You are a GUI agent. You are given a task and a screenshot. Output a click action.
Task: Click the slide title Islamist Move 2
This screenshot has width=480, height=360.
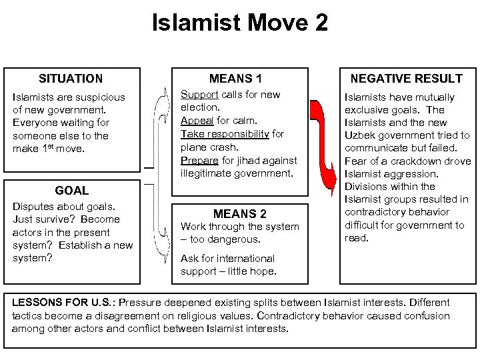[240, 23]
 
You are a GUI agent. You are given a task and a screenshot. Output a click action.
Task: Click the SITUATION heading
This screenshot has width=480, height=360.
[71, 78]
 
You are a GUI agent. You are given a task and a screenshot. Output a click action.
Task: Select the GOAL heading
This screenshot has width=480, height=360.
[71, 190]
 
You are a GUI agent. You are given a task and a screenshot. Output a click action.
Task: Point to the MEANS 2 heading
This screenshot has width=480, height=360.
[239, 214]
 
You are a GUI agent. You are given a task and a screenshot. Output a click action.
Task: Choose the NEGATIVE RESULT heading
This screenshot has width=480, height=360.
[406, 78]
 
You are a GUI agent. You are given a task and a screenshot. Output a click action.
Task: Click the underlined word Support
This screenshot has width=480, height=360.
[199, 95]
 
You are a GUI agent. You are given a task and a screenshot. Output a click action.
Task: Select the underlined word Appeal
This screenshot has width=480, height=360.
[197, 121]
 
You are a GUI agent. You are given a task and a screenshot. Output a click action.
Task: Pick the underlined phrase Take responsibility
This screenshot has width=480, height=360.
[223, 134]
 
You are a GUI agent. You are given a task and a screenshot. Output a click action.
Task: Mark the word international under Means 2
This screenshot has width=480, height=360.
[235, 258]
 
